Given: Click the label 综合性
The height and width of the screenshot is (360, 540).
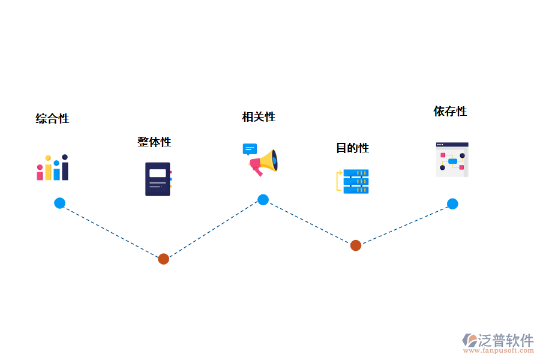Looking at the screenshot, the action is click(52, 119).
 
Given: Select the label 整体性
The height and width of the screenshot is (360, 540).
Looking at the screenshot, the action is click(154, 142).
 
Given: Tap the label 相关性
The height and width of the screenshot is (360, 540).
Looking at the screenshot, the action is click(259, 117).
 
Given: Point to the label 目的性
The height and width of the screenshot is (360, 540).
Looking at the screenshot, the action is click(352, 148).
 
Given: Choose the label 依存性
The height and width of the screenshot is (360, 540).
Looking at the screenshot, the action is click(450, 111).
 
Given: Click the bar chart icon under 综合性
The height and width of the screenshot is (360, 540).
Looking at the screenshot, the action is click(52, 167).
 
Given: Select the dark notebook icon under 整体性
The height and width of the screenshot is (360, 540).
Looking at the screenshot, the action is click(158, 179).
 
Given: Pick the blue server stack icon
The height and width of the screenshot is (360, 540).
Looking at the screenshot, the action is click(353, 182).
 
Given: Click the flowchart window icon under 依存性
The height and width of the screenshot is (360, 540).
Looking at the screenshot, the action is click(452, 160).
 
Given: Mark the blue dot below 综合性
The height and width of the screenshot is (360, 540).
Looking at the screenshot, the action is click(59, 203).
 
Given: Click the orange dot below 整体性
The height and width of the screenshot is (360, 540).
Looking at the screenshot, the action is click(164, 259).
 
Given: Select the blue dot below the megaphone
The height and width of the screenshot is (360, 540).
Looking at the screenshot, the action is click(263, 200).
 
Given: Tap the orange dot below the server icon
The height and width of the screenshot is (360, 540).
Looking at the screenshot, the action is click(356, 245).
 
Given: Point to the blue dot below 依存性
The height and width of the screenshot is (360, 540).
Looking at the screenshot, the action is click(452, 204).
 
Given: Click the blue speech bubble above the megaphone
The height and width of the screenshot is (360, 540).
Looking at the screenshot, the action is click(250, 149).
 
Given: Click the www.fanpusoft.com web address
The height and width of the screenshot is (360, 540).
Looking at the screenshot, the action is click(499, 350).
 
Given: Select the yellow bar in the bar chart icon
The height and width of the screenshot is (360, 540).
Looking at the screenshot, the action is click(48, 168).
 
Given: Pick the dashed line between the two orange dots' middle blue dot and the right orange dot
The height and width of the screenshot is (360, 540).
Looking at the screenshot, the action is click(309, 223).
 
